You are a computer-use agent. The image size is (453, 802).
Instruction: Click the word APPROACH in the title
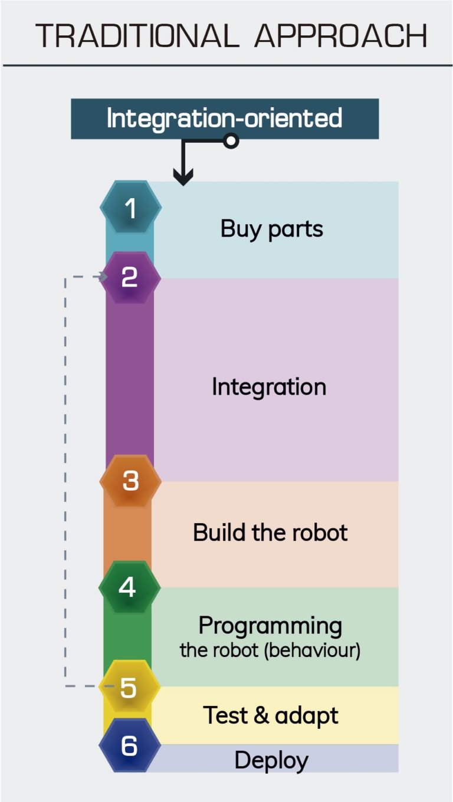point(340,36)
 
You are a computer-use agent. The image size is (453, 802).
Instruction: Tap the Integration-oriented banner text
point(224,118)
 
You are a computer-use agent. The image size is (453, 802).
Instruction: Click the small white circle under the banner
point(231,141)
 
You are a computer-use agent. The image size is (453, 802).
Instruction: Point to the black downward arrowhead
point(183,176)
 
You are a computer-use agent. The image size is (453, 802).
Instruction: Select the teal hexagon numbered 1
point(130,208)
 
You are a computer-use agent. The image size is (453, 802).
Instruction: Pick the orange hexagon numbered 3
point(130,481)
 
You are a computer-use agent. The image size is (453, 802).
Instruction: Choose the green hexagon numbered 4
point(129,587)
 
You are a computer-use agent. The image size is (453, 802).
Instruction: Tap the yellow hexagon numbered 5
point(129,687)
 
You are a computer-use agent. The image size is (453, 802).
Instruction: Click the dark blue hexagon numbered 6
point(129,746)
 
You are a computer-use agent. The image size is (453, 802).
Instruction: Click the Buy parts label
point(272,229)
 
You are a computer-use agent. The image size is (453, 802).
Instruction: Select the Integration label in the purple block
point(269,387)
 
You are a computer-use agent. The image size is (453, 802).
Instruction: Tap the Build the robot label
point(270,533)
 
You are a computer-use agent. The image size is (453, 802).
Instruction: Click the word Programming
point(270,625)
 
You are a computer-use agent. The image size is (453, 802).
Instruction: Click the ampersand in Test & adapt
point(263,715)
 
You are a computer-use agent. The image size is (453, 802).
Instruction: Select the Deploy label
point(271,760)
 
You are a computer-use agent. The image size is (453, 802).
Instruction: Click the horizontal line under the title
point(226,65)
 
